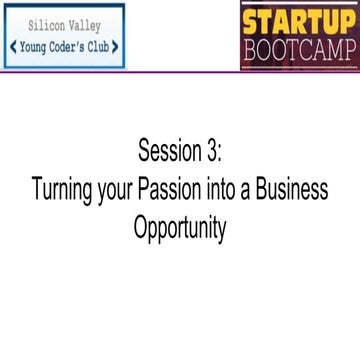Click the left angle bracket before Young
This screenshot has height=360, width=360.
click(x=12, y=46)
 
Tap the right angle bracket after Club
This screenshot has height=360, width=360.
click(x=116, y=46)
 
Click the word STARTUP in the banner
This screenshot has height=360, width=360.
click(x=299, y=20)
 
